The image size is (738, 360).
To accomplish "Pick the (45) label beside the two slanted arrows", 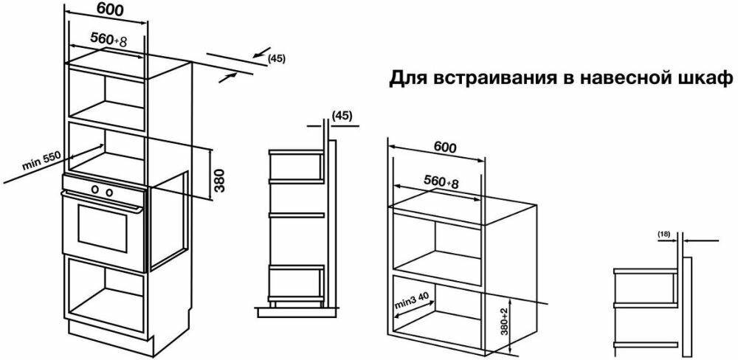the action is [x=276, y=59].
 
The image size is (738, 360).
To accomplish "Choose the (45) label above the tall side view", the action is [x=342, y=116].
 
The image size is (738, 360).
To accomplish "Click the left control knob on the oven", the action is [x=95, y=190].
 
